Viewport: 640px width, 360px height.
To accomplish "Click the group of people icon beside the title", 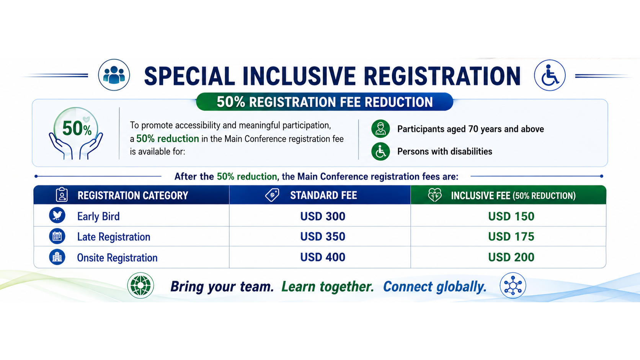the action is click(114, 75).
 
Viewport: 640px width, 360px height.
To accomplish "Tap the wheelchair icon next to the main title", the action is click(550, 75).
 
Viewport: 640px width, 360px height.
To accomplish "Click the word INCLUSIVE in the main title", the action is click(299, 76).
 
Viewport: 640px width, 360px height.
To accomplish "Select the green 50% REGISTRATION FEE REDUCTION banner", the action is click(325, 102).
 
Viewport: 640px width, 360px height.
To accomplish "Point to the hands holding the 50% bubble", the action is click(76, 146).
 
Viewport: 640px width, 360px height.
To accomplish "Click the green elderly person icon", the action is click(380, 129).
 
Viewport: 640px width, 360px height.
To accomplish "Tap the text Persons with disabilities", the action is click(444, 151).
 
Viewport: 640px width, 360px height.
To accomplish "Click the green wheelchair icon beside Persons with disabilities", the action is click(380, 151).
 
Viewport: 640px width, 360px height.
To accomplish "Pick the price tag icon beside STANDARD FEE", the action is click(272, 195).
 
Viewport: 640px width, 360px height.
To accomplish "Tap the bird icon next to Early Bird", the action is click(57, 215).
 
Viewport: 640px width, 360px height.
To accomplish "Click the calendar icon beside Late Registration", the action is click(57, 236).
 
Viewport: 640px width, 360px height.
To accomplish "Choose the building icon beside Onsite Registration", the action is click(57, 257).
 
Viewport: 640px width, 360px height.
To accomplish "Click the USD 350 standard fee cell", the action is click(323, 237).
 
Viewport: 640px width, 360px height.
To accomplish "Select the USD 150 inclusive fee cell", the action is click(511, 216).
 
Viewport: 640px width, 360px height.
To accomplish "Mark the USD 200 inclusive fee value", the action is click(511, 257).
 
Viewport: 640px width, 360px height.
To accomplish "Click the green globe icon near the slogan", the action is click(140, 285).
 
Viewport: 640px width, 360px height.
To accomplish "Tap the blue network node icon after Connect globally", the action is click(513, 285).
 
